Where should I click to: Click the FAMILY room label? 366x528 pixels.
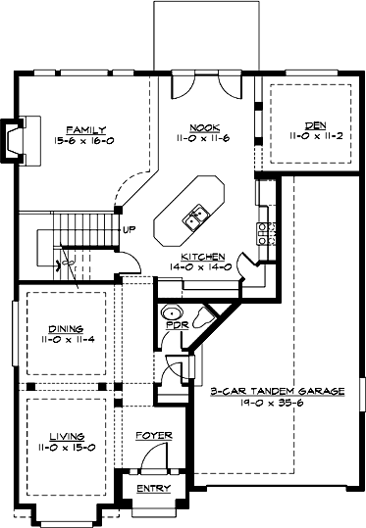86,128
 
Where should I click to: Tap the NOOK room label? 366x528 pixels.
205,128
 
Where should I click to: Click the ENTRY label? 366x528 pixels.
153,488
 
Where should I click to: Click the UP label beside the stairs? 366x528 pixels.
130,230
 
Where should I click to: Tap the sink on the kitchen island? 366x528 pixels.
195,215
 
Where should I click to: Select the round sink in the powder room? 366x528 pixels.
169,313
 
